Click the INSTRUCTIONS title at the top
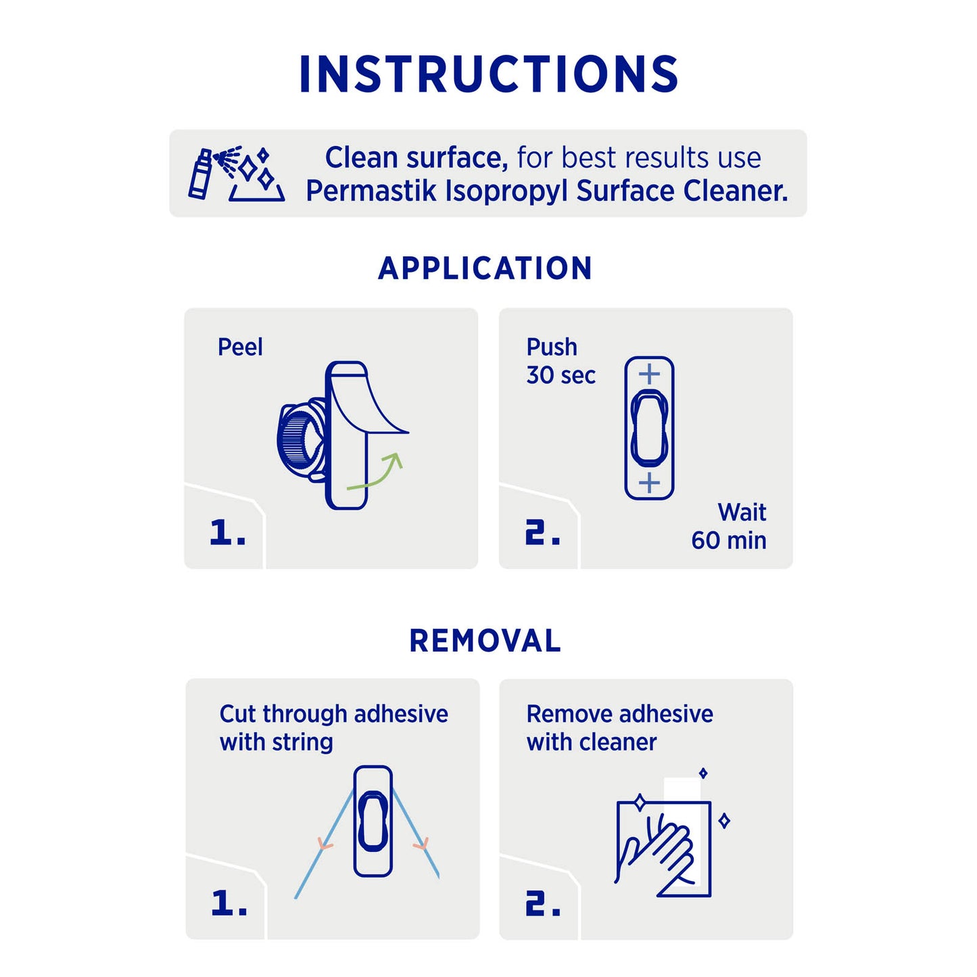click(489, 74)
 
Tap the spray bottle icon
click(201, 174)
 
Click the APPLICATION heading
click(485, 268)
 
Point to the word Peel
click(240, 348)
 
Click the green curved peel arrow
click(375, 471)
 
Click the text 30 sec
click(561, 376)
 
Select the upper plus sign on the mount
click(649, 375)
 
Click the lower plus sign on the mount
click(649, 483)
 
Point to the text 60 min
click(729, 540)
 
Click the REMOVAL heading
click(485, 641)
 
